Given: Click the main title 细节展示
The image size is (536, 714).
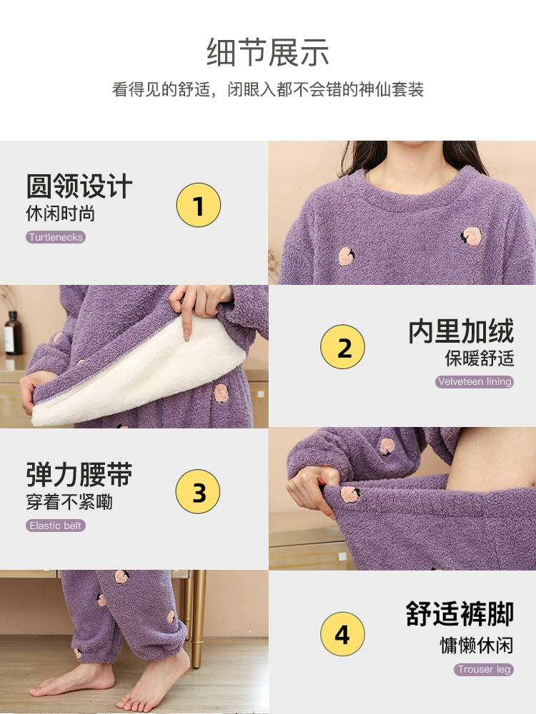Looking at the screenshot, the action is (x=268, y=52).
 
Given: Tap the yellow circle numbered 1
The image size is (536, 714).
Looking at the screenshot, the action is (x=198, y=205).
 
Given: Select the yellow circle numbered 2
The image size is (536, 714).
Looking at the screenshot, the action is (x=342, y=346).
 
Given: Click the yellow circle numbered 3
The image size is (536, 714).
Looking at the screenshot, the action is (x=198, y=491).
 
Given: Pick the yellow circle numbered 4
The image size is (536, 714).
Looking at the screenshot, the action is (x=342, y=634).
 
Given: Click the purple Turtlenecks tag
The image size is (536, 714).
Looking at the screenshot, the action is (x=56, y=237).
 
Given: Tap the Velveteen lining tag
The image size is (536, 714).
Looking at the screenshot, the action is (x=475, y=381).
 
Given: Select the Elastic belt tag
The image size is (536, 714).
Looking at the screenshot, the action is (x=56, y=526).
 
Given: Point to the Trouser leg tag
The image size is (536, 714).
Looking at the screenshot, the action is (x=484, y=669).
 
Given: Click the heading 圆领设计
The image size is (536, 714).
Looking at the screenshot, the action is (x=79, y=186).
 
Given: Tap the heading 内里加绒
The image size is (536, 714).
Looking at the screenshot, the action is (x=461, y=331).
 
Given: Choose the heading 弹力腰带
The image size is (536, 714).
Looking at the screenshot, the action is (x=79, y=475).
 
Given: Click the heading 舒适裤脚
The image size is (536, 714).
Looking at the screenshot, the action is (x=460, y=614).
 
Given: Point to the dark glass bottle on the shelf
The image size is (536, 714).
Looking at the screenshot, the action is (x=13, y=333).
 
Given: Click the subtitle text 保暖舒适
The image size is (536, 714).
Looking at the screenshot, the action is (x=480, y=358).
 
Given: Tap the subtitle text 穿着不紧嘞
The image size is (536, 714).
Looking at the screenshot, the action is (x=69, y=502).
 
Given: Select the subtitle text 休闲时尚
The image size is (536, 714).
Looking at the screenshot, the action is (x=61, y=213).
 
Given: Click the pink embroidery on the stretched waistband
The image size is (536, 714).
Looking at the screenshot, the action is (x=350, y=494).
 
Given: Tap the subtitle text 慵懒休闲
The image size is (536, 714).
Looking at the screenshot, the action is (x=477, y=645).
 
